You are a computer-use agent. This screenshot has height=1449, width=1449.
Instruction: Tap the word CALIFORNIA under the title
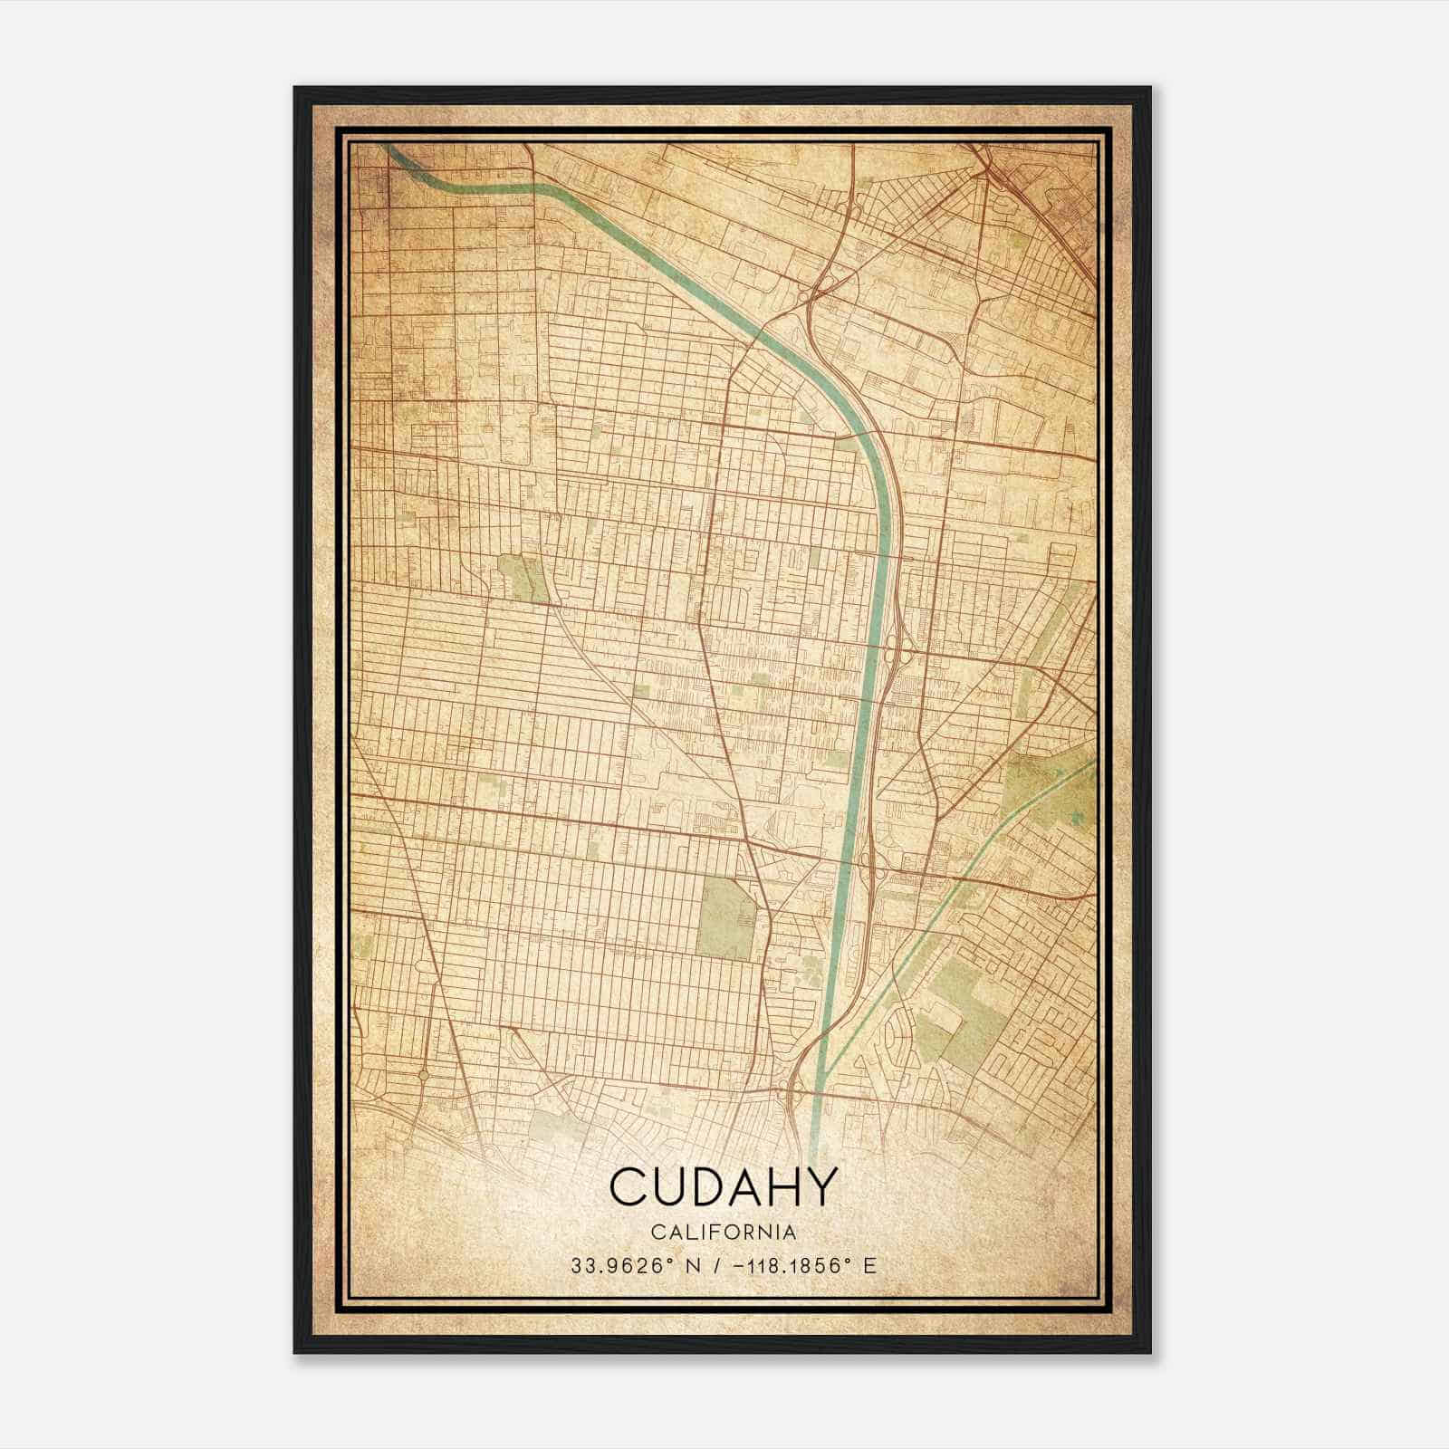pos(723,1233)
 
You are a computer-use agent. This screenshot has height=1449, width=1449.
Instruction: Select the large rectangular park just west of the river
pos(726,916)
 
